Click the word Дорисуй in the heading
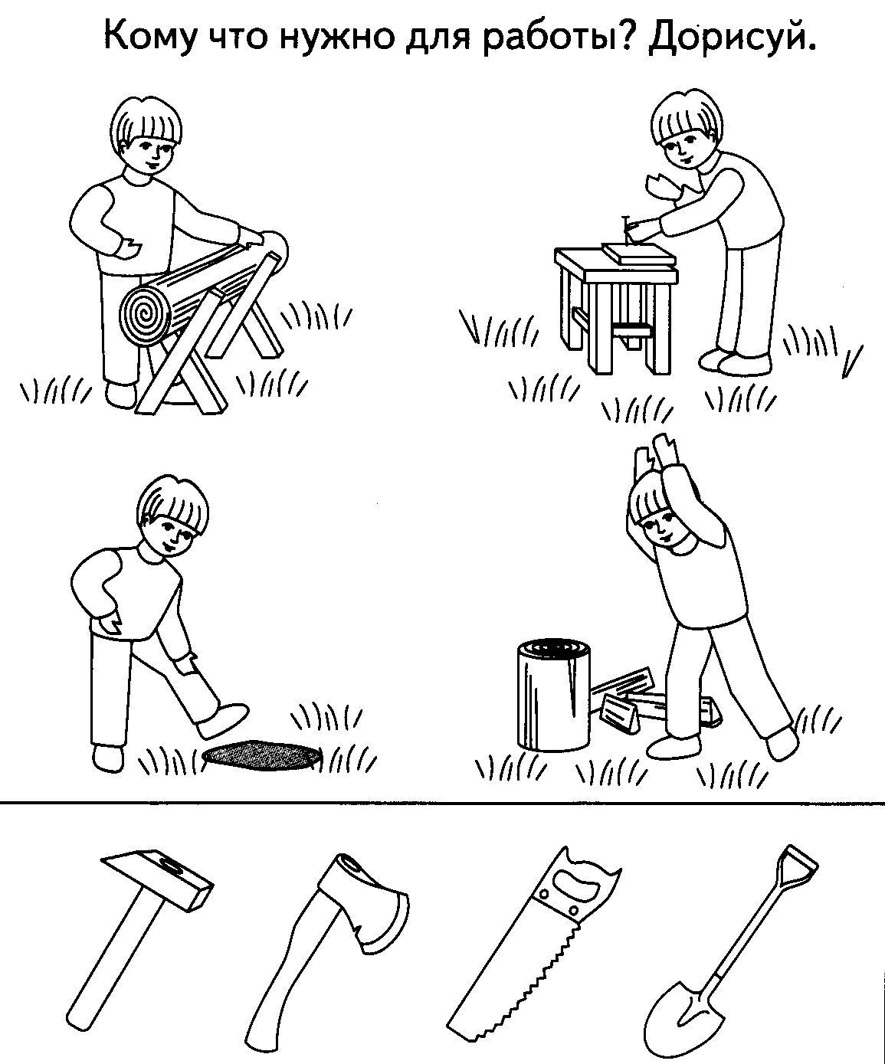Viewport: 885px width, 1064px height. coord(730,37)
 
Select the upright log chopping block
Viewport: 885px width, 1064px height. coord(554,694)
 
